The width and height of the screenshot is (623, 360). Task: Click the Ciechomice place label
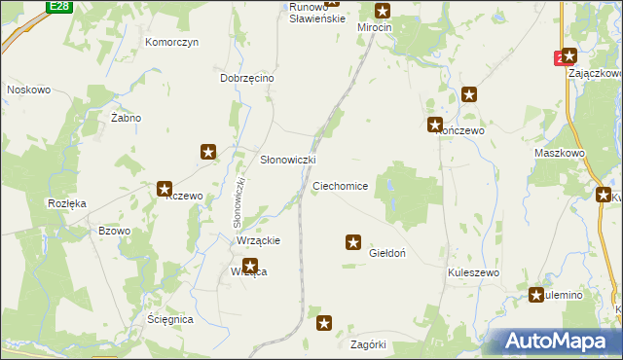[x=340, y=185]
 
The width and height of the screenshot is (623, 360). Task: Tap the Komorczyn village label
[x=171, y=43]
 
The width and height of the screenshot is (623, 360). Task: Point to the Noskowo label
[x=28, y=90]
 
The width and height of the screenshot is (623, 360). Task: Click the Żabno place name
[x=126, y=118]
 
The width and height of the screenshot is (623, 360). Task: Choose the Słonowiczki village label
[x=286, y=160]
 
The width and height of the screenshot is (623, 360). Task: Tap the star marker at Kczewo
[x=165, y=190]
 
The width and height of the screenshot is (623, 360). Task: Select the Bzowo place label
[x=115, y=231]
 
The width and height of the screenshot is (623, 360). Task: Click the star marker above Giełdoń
[x=353, y=241]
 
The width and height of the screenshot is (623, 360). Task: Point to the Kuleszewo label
[x=473, y=273]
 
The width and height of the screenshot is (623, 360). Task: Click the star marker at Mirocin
[x=383, y=12]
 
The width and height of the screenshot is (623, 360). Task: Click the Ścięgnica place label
[x=169, y=319]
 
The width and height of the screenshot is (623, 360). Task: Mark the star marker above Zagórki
[x=325, y=322]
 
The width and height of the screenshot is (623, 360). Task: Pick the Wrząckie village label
[x=259, y=240]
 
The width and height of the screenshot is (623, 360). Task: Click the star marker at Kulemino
[x=536, y=295]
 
